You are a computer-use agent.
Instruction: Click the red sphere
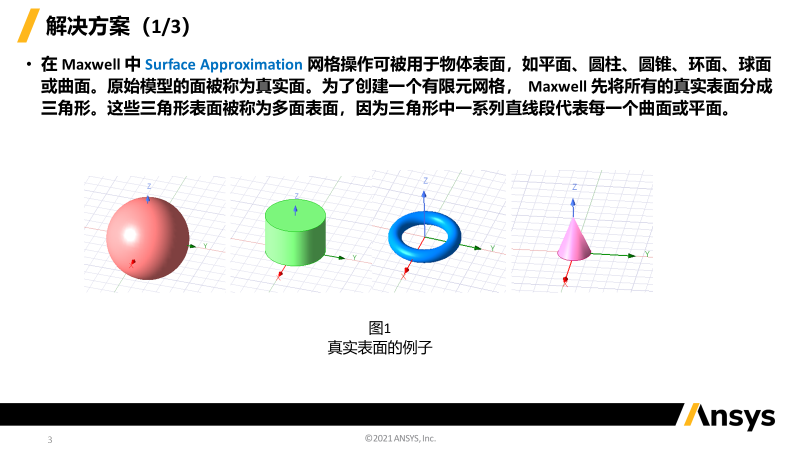click(147, 238)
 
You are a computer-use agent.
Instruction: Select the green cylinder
click(295, 233)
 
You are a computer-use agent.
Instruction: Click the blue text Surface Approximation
click(223, 65)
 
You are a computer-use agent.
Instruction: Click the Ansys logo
click(730, 416)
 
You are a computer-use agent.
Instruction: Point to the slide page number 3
click(50, 439)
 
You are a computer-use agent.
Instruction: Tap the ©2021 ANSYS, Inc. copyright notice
click(401, 438)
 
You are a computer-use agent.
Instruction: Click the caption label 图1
click(380, 328)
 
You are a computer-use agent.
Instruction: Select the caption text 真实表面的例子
click(380, 347)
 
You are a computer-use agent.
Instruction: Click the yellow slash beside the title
click(29, 26)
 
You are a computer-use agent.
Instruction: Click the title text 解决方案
click(88, 26)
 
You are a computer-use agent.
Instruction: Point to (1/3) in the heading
click(166, 27)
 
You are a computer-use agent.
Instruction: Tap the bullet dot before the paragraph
click(29, 65)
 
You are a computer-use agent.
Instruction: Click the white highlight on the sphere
click(130, 235)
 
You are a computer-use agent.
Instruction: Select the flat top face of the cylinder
click(295, 212)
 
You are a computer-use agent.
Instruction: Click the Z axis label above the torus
click(426, 181)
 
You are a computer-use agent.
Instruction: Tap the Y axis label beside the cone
click(647, 254)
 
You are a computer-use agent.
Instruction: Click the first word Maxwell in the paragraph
click(91, 65)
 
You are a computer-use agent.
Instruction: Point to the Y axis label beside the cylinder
click(355, 258)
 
